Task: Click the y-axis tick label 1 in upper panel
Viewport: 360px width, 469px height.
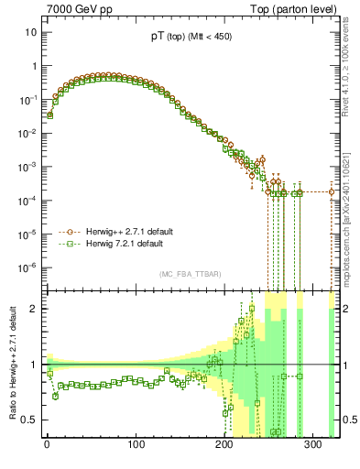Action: click(x=33, y=66)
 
